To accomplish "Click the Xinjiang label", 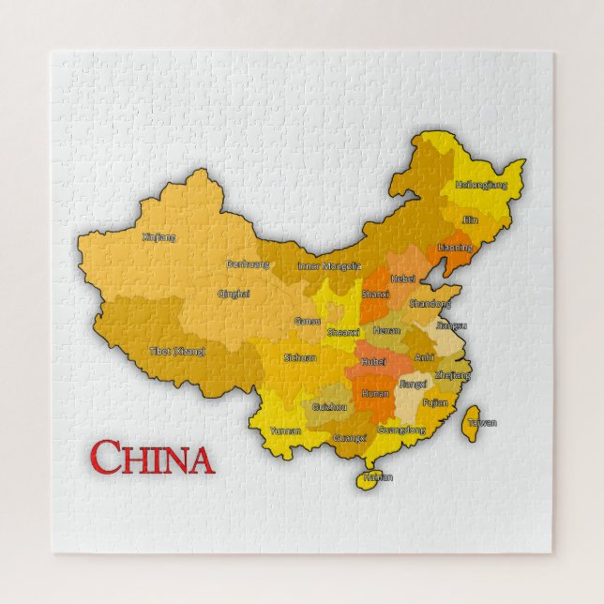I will coord(159,237).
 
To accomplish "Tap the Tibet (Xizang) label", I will coord(177,351).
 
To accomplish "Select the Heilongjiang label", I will coord(481,185).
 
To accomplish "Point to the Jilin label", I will coord(469,219).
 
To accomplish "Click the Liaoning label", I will coord(455,247).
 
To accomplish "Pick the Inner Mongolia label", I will coord(329,265).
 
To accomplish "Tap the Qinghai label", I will coord(234,294).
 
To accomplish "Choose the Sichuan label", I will coord(300,357).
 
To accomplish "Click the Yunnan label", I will coord(285,430).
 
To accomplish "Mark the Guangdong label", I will coord(401,430).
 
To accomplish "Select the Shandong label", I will coord(430,303).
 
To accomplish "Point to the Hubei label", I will coord(373,361).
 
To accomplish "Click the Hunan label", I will coord(375,394).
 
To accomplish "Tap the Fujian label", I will coord(435,402).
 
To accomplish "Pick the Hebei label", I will coord(402,279).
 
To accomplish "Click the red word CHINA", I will coord(152,459).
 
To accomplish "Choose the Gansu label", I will coord(308,321).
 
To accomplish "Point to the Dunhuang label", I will coord(248,264).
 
